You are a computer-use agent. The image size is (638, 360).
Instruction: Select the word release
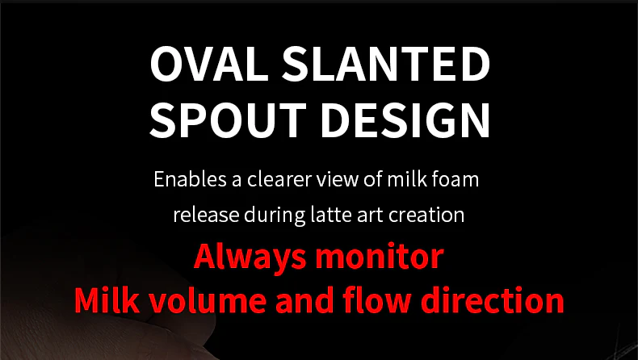click(x=199, y=216)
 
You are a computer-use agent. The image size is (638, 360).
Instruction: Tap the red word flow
click(x=381, y=300)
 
